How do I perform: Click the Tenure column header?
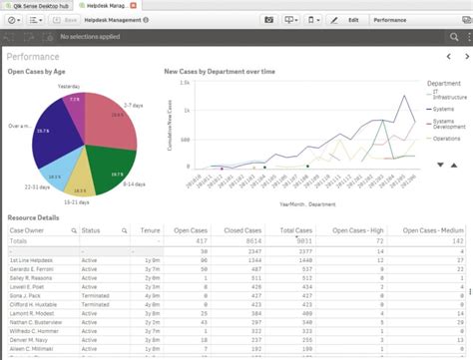tap(151, 230)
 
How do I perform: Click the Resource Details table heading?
tap(36, 216)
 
